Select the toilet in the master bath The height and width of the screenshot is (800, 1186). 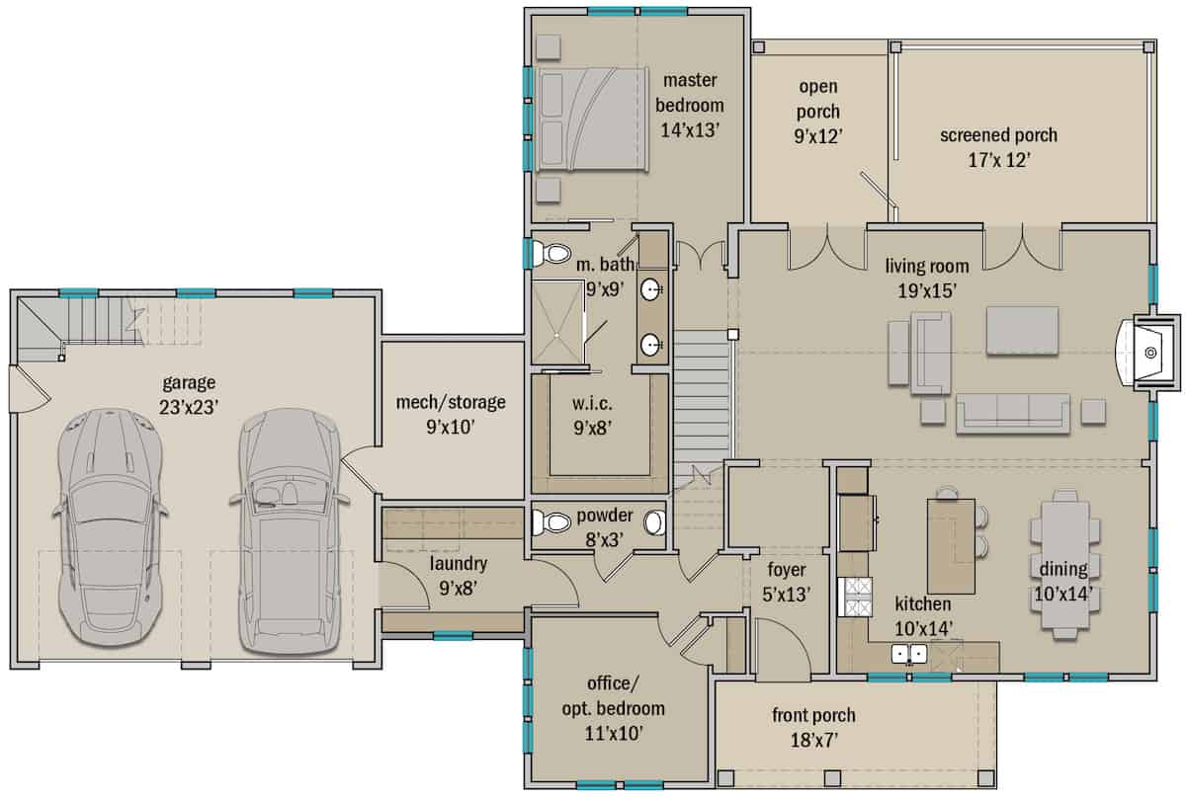click(x=548, y=254)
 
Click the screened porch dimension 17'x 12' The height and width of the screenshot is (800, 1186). click(x=998, y=159)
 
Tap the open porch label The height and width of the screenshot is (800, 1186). click(x=818, y=99)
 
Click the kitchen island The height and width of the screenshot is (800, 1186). click(x=951, y=544)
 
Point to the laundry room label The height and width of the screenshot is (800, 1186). click(x=458, y=564)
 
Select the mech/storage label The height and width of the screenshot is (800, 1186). click(x=450, y=402)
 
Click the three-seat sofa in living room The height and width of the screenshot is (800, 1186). click(x=1012, y=413)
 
